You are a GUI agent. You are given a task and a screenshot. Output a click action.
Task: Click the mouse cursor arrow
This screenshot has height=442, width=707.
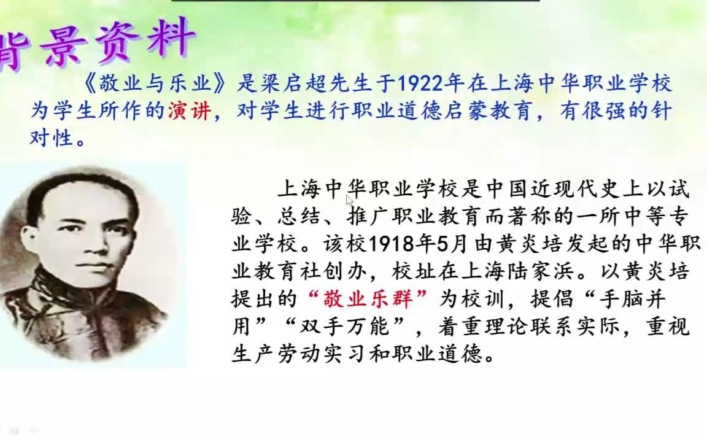pos(349,200)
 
